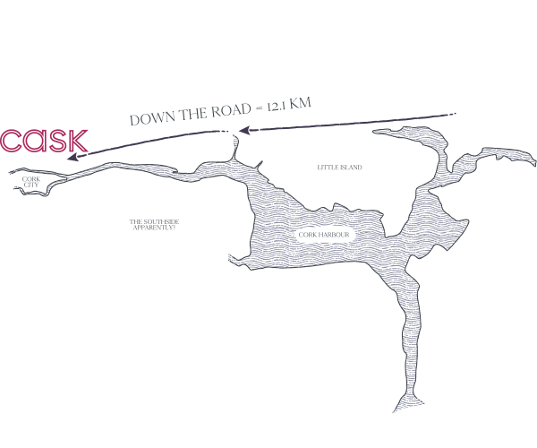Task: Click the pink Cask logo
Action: point(44,141)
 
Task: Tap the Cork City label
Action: point(30,182)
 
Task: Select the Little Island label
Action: point(339,168)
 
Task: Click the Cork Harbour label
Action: point(324,235)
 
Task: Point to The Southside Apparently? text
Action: point(154,225)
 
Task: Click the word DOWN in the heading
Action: point(154,117)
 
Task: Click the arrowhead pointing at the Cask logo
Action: point(72,157)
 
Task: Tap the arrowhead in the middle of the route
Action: point(244,130)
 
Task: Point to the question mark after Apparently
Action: point(174,228)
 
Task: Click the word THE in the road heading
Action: point(193,114)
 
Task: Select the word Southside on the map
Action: point(161,222)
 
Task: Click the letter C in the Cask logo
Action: point(10,141)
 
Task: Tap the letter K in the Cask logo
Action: point(78,141)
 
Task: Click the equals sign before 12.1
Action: point(259,108)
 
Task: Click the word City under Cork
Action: point(31,185)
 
